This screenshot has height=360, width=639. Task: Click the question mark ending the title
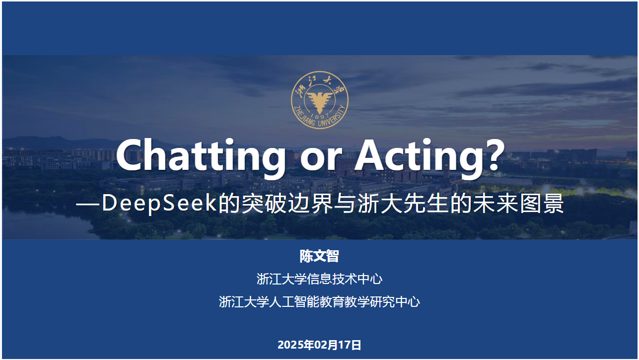[495, 154]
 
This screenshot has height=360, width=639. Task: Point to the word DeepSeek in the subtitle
[160, 204]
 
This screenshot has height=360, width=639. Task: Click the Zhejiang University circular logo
[320, 100]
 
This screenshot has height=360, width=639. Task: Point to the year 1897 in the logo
[320, 116]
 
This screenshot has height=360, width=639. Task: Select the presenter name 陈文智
[319, 256]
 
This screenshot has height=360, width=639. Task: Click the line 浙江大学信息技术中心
[319, 279]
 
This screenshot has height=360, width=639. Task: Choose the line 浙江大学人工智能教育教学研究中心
[319, 301]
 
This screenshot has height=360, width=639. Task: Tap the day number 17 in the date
[345, 345]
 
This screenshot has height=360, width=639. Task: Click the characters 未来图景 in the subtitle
[518, 204]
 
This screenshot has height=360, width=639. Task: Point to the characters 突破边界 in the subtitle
[288, 204]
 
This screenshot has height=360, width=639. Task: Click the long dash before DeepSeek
[87, 204]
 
